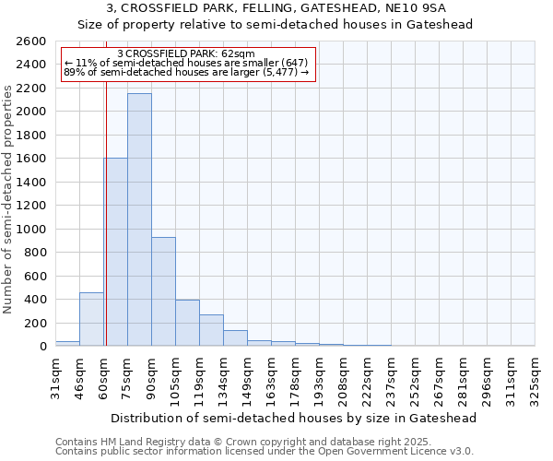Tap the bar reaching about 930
point(163,291)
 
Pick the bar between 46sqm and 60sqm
point(91,319)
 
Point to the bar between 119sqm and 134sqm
point(211,330)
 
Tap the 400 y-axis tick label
point(35,300)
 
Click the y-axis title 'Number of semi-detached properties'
point(9,198)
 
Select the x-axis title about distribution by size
point(295,418)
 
